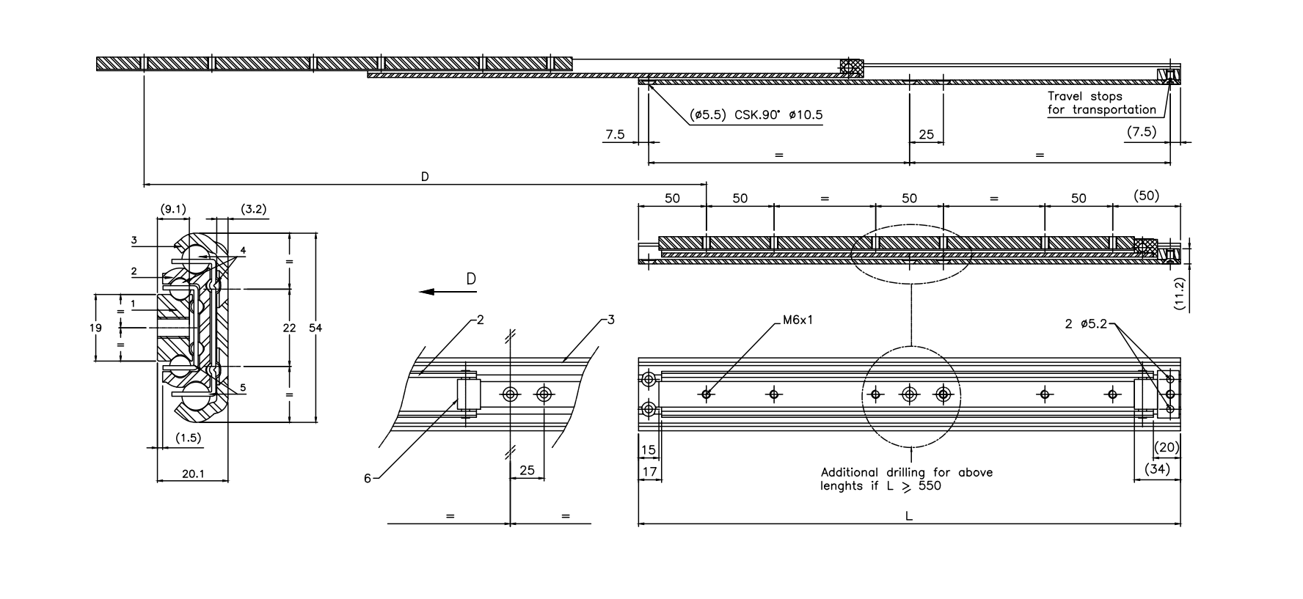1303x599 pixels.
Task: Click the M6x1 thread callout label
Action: click(x=797, y=320)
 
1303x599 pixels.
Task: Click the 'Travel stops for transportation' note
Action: click(x=1101, y=103)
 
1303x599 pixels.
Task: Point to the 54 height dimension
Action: click(x=315, y=328)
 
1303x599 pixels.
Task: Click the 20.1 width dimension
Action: click(x=192, y=474)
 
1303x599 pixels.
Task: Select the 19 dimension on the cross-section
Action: click(x=95, y=328)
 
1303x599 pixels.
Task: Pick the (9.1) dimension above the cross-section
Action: click(x=173, y=210)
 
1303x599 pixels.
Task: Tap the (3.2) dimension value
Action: click(x=253, y=210)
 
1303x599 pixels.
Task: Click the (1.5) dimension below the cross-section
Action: click(x=188, y=438)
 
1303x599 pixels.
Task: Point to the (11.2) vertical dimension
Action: click(x=1180, y=295)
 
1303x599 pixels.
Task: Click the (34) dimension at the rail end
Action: click(x=1157, y=469)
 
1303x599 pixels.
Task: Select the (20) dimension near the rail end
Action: click(x=1167, y=448)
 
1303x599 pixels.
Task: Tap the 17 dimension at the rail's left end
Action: click(x=649, y=473)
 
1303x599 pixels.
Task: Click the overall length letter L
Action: click(x=908, y=516)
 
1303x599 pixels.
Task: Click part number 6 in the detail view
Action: click(x=368, y=479)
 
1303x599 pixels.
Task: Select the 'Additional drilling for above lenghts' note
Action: click(x=906, y=479)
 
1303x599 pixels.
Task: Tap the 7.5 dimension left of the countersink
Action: click(x=615, y=134)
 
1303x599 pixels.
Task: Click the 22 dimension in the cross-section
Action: click(x=289, y=328)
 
